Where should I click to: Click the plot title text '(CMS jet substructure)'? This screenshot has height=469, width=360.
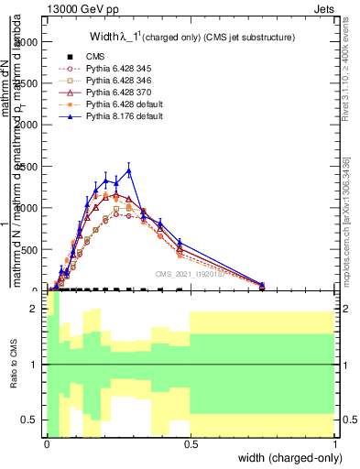pos(242,38)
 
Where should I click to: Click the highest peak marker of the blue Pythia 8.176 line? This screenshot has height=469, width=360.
pos(129,170)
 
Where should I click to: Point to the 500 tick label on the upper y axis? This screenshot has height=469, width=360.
pos(31,249)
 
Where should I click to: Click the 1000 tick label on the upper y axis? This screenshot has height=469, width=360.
pos(28,208)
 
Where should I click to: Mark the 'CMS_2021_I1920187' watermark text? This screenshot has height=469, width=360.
pos(191,273)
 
